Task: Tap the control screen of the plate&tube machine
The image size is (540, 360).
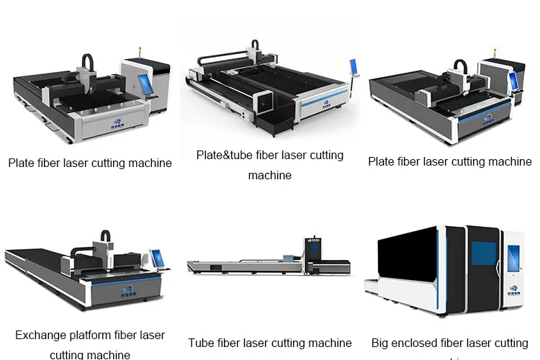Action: (x=354, y=66)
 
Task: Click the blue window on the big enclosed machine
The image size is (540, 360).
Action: (x=483, y=253)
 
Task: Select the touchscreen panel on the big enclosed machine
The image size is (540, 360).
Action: (x=514, y=258)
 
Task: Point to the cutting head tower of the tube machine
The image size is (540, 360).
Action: (x=312, y=248)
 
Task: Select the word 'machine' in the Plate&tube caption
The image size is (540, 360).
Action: (x=270, y=176)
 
